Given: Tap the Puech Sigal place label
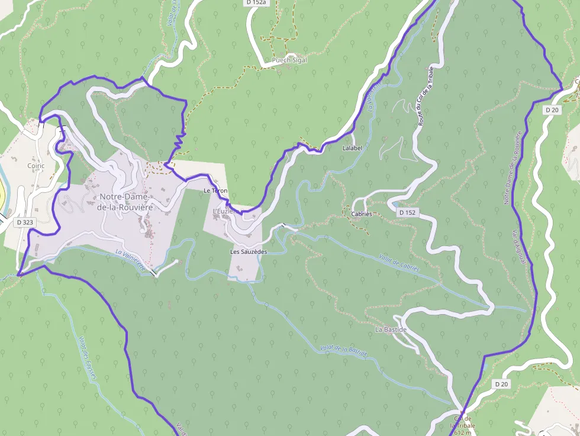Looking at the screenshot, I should point(289,60).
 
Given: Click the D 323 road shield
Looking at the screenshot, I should point(25,222).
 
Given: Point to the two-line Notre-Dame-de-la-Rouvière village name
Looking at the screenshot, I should point(126,202).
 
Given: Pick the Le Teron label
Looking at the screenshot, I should point(215,191).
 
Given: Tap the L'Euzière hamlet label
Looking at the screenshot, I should point(224,211).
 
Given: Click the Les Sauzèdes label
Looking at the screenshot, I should point(249,251).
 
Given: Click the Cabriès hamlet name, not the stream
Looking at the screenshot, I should point(362,214).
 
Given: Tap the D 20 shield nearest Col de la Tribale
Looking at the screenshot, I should point(501,384).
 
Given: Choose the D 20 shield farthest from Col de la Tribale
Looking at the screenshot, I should point(552,109).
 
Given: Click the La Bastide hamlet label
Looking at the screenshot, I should point(391,328).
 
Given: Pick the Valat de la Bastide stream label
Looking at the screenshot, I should point(343,350).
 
